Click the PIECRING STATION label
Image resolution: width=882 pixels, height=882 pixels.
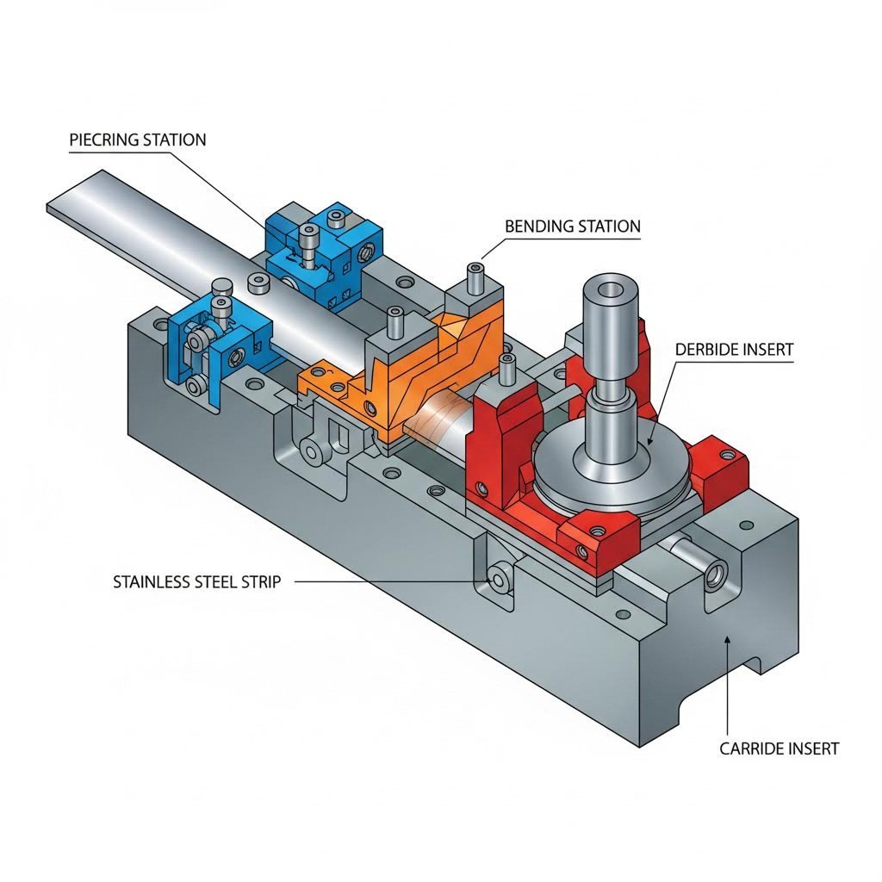pos(138,140)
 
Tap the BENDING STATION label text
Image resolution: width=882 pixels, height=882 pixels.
pos(573,227)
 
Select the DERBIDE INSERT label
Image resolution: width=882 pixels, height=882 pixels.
pos(734,350)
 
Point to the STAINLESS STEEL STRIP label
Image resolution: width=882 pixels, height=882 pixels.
pos(196,582)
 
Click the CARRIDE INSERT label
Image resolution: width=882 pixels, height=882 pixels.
pos(779,748)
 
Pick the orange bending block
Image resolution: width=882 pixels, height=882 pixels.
pos(405,370)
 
